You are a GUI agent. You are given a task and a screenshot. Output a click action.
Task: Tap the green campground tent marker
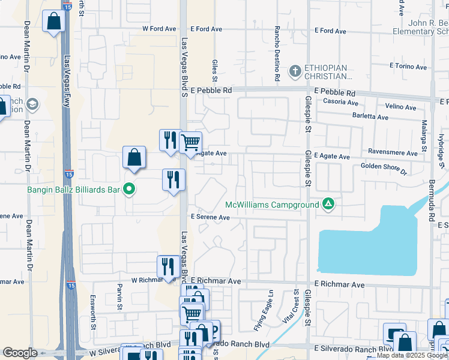[x=328, y=204]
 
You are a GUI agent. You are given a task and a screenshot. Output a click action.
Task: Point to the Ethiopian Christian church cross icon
[x=295, y=72]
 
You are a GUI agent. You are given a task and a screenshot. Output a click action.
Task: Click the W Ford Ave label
[x=159, y=29]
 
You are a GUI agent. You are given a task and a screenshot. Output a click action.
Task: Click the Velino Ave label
[x=401, y=107]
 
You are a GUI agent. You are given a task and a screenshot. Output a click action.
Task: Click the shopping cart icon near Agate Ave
[x=190, y=143]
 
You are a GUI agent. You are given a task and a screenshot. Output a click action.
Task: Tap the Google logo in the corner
[x=20, y=353]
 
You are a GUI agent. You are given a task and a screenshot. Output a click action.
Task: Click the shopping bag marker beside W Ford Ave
[x=54, y=22]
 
